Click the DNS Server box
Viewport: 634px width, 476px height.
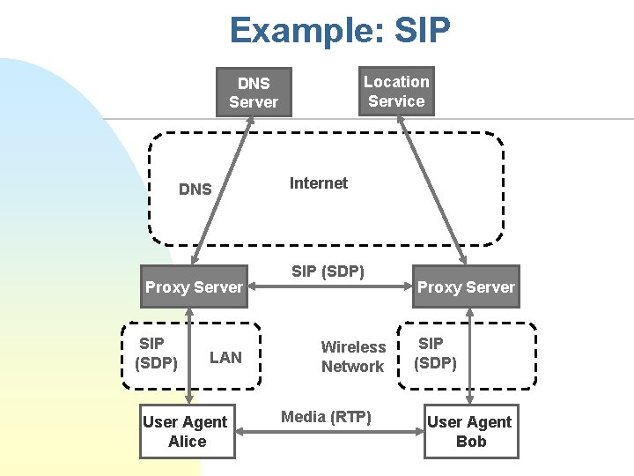pos(254,93)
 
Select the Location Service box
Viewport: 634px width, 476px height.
pos(396,92)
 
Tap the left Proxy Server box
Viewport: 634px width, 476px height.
pos(194,286)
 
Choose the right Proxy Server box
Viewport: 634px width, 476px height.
pos(466,286)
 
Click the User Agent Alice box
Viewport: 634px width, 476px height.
pos(187,432)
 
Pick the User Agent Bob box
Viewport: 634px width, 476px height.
pos(470,432)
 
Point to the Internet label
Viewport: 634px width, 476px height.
pos(319,183)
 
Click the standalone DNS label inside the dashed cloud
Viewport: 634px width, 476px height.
pos(195,189)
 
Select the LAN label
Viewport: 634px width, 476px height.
pos(225,357)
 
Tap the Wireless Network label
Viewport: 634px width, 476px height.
pos(353,357)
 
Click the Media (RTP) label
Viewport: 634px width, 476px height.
pos(326,417)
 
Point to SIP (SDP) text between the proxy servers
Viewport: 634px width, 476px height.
pos(328,271)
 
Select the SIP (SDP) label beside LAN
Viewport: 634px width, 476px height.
pos(156,353)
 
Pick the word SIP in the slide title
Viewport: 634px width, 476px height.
pos(421,31)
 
